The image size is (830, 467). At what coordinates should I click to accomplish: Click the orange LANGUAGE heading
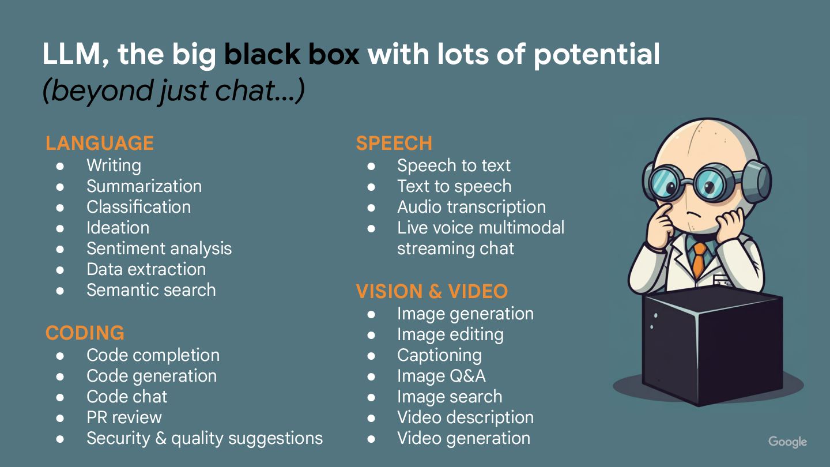coord(100,144)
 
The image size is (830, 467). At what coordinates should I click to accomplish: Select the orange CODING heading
coord(85,333)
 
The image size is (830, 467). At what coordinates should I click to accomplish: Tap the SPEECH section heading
coord(394,144)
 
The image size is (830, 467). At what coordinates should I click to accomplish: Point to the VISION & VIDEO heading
coord(432,292)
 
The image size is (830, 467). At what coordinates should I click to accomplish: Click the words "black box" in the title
coord(292,55)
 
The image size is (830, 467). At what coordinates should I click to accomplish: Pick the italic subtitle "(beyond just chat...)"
coord(173,91)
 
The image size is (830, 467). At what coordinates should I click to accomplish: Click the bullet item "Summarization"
coord(144,186)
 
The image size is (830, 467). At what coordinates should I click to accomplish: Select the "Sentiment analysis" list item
coord(159,248)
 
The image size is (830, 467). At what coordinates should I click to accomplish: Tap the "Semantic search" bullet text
coord(151,290)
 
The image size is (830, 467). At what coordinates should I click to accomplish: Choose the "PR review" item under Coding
coord(124,417)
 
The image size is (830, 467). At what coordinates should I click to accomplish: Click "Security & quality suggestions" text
coord(205,438)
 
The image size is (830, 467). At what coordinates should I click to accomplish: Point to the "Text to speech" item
coord(454,186)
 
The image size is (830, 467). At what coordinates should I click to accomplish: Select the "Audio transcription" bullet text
coord(471,207)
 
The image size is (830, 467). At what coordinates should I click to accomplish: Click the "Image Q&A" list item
coord(441,376)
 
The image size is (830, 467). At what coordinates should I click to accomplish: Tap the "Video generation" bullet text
coord(463,438)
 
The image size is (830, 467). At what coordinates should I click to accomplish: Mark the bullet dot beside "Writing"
coord(61,166)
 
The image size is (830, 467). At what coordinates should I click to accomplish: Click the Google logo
coord(787,442)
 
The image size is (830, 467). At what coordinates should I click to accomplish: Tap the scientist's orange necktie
coord(699,259)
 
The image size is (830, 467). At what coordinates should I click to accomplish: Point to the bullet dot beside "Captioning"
coord(371,356)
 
